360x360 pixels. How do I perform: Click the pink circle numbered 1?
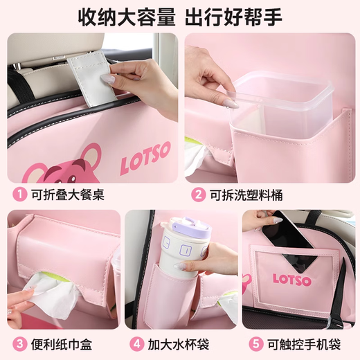click(20, 195)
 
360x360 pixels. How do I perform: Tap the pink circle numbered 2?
click(198, 195)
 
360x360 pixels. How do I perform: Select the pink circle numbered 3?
click(20, 344)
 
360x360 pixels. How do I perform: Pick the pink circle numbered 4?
click(136, 344)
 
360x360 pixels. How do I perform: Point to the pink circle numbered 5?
click(256, 344)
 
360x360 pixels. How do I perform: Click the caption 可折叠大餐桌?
click(68, 195)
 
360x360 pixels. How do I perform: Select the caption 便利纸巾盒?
click(62, 344)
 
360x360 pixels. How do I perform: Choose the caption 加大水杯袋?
click(179, 344)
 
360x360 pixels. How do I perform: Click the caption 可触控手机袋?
click(304, 344)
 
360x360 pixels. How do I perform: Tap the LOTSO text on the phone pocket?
click(292, 280)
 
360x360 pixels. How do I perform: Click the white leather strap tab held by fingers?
click(92, 78)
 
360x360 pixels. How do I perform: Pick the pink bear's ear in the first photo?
click(91, 154)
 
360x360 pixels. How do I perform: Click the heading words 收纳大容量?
click(127, 17)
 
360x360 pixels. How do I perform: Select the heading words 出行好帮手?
click(233, 17)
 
